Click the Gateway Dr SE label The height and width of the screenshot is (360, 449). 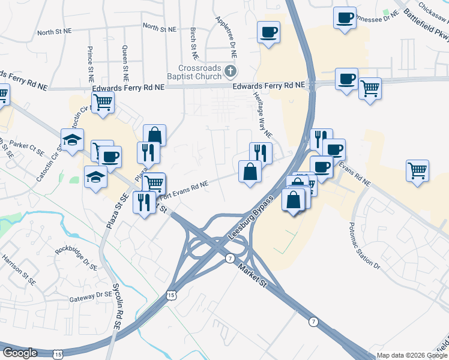tap(91, 295)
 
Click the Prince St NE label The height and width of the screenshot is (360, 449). tap(91, 65)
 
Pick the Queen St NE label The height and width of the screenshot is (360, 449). tap(125, 64)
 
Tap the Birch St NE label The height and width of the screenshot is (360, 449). tap(193, 38)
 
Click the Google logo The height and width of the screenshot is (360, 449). tap(20, 352)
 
